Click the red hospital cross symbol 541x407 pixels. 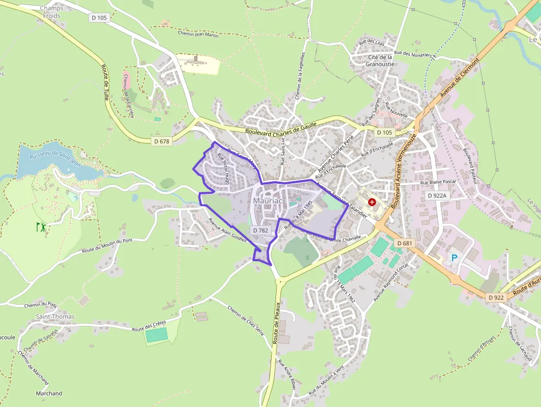point(372,203)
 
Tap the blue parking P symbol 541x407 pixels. point(455,257)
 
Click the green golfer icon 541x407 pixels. point(40,226)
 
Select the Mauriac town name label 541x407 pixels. point(268,201)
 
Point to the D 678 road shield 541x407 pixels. point(161,141)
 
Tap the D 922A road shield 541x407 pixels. point(436,195)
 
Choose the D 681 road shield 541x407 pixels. point(404,243)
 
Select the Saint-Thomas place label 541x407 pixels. point(55,316)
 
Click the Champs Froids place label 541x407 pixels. point(51,12)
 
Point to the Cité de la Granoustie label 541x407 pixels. point(380,60)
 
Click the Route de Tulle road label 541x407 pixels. point(106,82)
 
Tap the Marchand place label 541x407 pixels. point(49,393)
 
